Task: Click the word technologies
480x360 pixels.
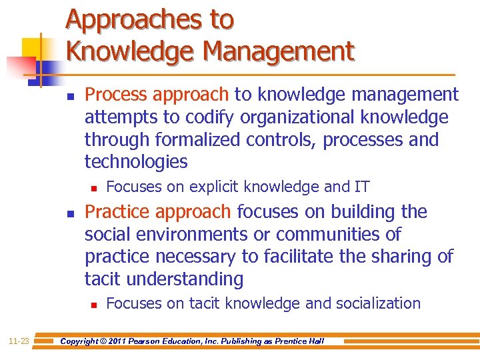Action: (136, 162)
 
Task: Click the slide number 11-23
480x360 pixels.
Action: (18, 341)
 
